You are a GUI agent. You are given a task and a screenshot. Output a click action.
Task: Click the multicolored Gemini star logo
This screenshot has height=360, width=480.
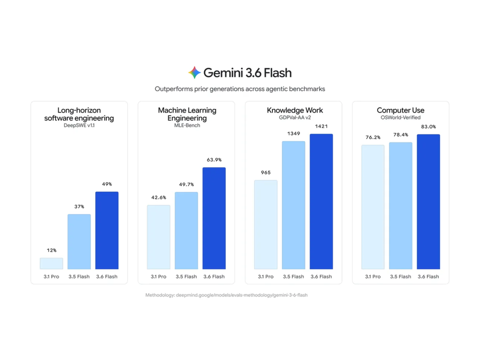(194, 72)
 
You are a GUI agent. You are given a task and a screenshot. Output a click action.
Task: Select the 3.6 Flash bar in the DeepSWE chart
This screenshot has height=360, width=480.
(107, 230)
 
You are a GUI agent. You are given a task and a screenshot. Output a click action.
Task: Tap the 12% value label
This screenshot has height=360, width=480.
(52, 250)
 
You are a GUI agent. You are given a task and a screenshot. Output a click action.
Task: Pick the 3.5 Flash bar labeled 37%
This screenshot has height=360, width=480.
(79, 242)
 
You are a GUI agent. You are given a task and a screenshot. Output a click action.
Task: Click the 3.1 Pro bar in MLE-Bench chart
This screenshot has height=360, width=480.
(159, 237)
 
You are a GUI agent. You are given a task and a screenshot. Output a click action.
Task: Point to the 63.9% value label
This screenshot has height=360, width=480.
(214, 160)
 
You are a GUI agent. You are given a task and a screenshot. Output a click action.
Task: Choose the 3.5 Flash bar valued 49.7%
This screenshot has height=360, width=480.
(186, 230)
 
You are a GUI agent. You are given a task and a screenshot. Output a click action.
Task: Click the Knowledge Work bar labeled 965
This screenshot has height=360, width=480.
(266, 224)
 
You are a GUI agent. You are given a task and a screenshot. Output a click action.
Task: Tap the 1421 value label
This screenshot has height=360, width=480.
(321, 126)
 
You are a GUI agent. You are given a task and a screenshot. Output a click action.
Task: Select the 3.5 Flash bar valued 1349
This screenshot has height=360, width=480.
(294, 205)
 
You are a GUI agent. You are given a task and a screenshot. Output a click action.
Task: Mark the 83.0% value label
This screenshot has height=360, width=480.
(428, 127)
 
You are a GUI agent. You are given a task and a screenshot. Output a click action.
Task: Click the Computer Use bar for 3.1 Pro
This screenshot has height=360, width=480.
(373, 207)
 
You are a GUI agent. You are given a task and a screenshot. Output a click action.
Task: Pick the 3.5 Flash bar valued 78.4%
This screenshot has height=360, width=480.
(400, 206)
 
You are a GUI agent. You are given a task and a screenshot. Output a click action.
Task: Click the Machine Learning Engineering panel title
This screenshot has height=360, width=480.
(187, 114)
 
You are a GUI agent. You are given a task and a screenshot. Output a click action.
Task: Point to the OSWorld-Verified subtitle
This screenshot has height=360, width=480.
(400, 118)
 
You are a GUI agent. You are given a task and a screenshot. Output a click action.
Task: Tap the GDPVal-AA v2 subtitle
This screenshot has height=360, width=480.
(295, 118)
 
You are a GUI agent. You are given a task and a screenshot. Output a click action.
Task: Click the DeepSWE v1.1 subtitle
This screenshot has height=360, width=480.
(79, 126)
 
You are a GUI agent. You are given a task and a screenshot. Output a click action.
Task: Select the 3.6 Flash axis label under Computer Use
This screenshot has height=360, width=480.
(428, 277)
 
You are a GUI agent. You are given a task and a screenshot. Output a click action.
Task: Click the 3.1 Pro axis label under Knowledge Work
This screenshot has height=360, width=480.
(266, 277)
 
